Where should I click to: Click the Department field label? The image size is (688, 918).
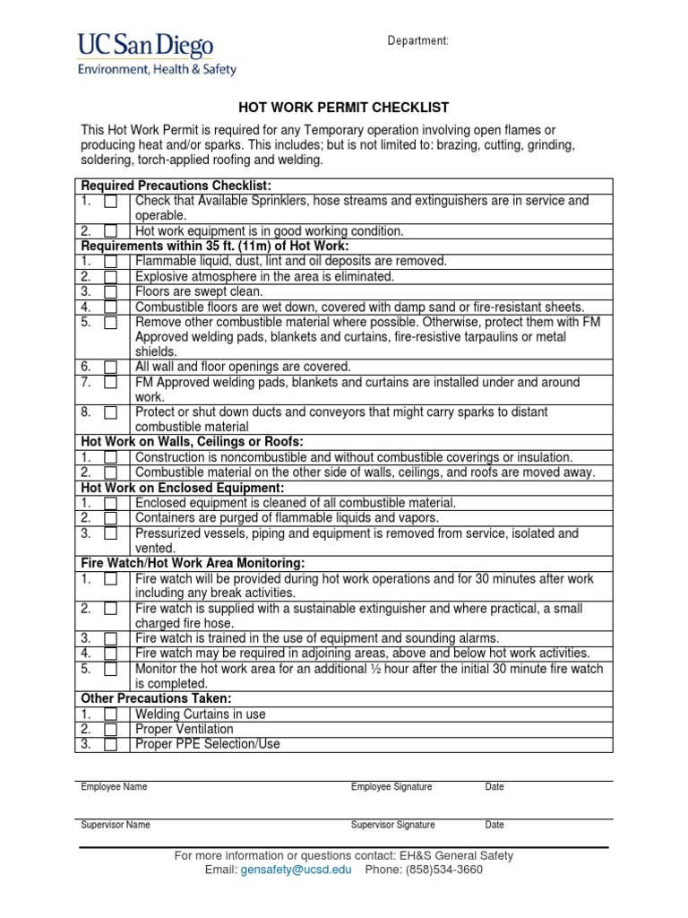click(417, 41)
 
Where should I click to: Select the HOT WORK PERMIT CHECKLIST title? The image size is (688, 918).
click(343, 108)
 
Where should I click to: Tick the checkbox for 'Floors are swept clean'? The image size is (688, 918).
click(110, 291)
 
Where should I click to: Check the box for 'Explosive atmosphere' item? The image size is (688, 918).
click(110, 276)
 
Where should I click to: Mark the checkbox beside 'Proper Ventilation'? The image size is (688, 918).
click(110, 729)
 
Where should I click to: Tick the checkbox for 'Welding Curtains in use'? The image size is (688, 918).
click(110, 714)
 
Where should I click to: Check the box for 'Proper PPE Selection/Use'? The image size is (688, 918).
click(110, 744)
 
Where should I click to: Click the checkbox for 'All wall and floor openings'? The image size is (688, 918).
click(110, 367)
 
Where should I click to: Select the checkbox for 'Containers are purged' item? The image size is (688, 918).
click(110, 517)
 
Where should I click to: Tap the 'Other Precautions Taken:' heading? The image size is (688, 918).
click(156, 698)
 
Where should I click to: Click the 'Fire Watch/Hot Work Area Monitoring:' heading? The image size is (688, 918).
click(193, 563)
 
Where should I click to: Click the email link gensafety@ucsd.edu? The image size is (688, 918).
click(297, 870)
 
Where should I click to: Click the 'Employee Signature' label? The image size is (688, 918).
click(391, 787)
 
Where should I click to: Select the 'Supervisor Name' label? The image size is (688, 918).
click(116, 825)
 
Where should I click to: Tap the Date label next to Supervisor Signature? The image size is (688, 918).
click(494, 825)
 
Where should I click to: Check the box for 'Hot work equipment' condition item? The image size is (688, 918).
click(110, 230)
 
